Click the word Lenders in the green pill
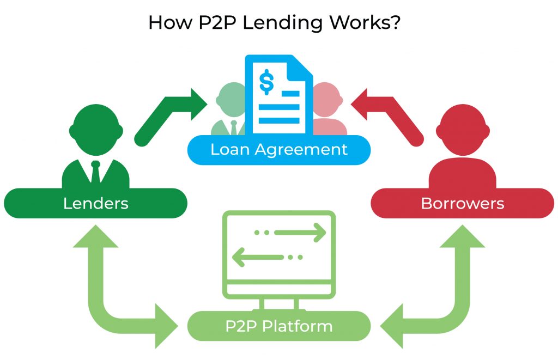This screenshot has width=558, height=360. (x=96, y=203)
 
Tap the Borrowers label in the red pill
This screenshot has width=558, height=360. (x=462, y=203)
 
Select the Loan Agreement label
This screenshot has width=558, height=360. (x=279, y=149)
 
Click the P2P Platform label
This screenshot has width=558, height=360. (x=279, y=326)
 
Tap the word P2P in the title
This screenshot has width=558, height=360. (x=210, y=23)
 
